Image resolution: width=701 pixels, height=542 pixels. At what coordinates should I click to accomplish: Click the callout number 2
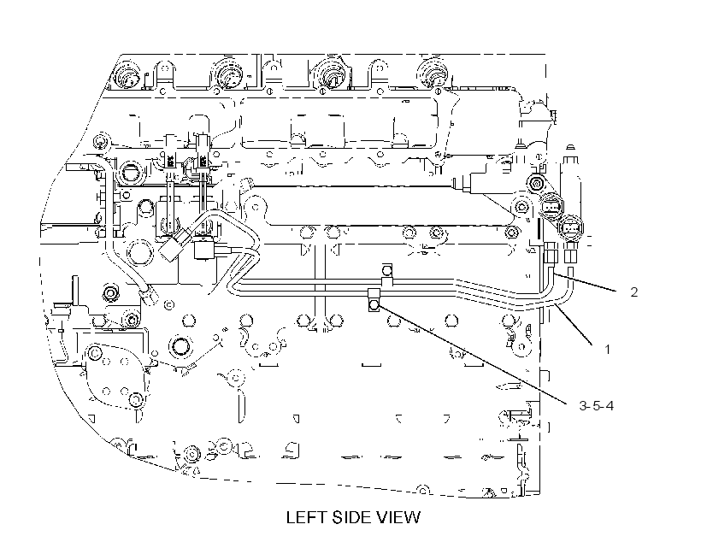click(633, 292)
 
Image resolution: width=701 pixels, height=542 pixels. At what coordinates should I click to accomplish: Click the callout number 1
click(607, 350)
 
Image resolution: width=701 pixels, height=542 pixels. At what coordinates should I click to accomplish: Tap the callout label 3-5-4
click(597, 405)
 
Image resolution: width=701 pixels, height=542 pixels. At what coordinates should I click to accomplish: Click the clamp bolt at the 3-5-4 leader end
click(374, 305)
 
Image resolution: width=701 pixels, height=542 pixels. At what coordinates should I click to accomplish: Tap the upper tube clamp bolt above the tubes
click(387, 270)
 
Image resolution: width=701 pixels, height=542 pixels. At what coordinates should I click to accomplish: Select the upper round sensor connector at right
click(551, 206)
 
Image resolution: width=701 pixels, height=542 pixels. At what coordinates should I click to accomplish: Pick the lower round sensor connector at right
click(570, 227)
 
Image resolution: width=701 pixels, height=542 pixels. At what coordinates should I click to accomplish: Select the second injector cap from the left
click(229, 75)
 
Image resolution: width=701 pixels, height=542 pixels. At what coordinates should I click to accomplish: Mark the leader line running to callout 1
click(574, 324)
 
